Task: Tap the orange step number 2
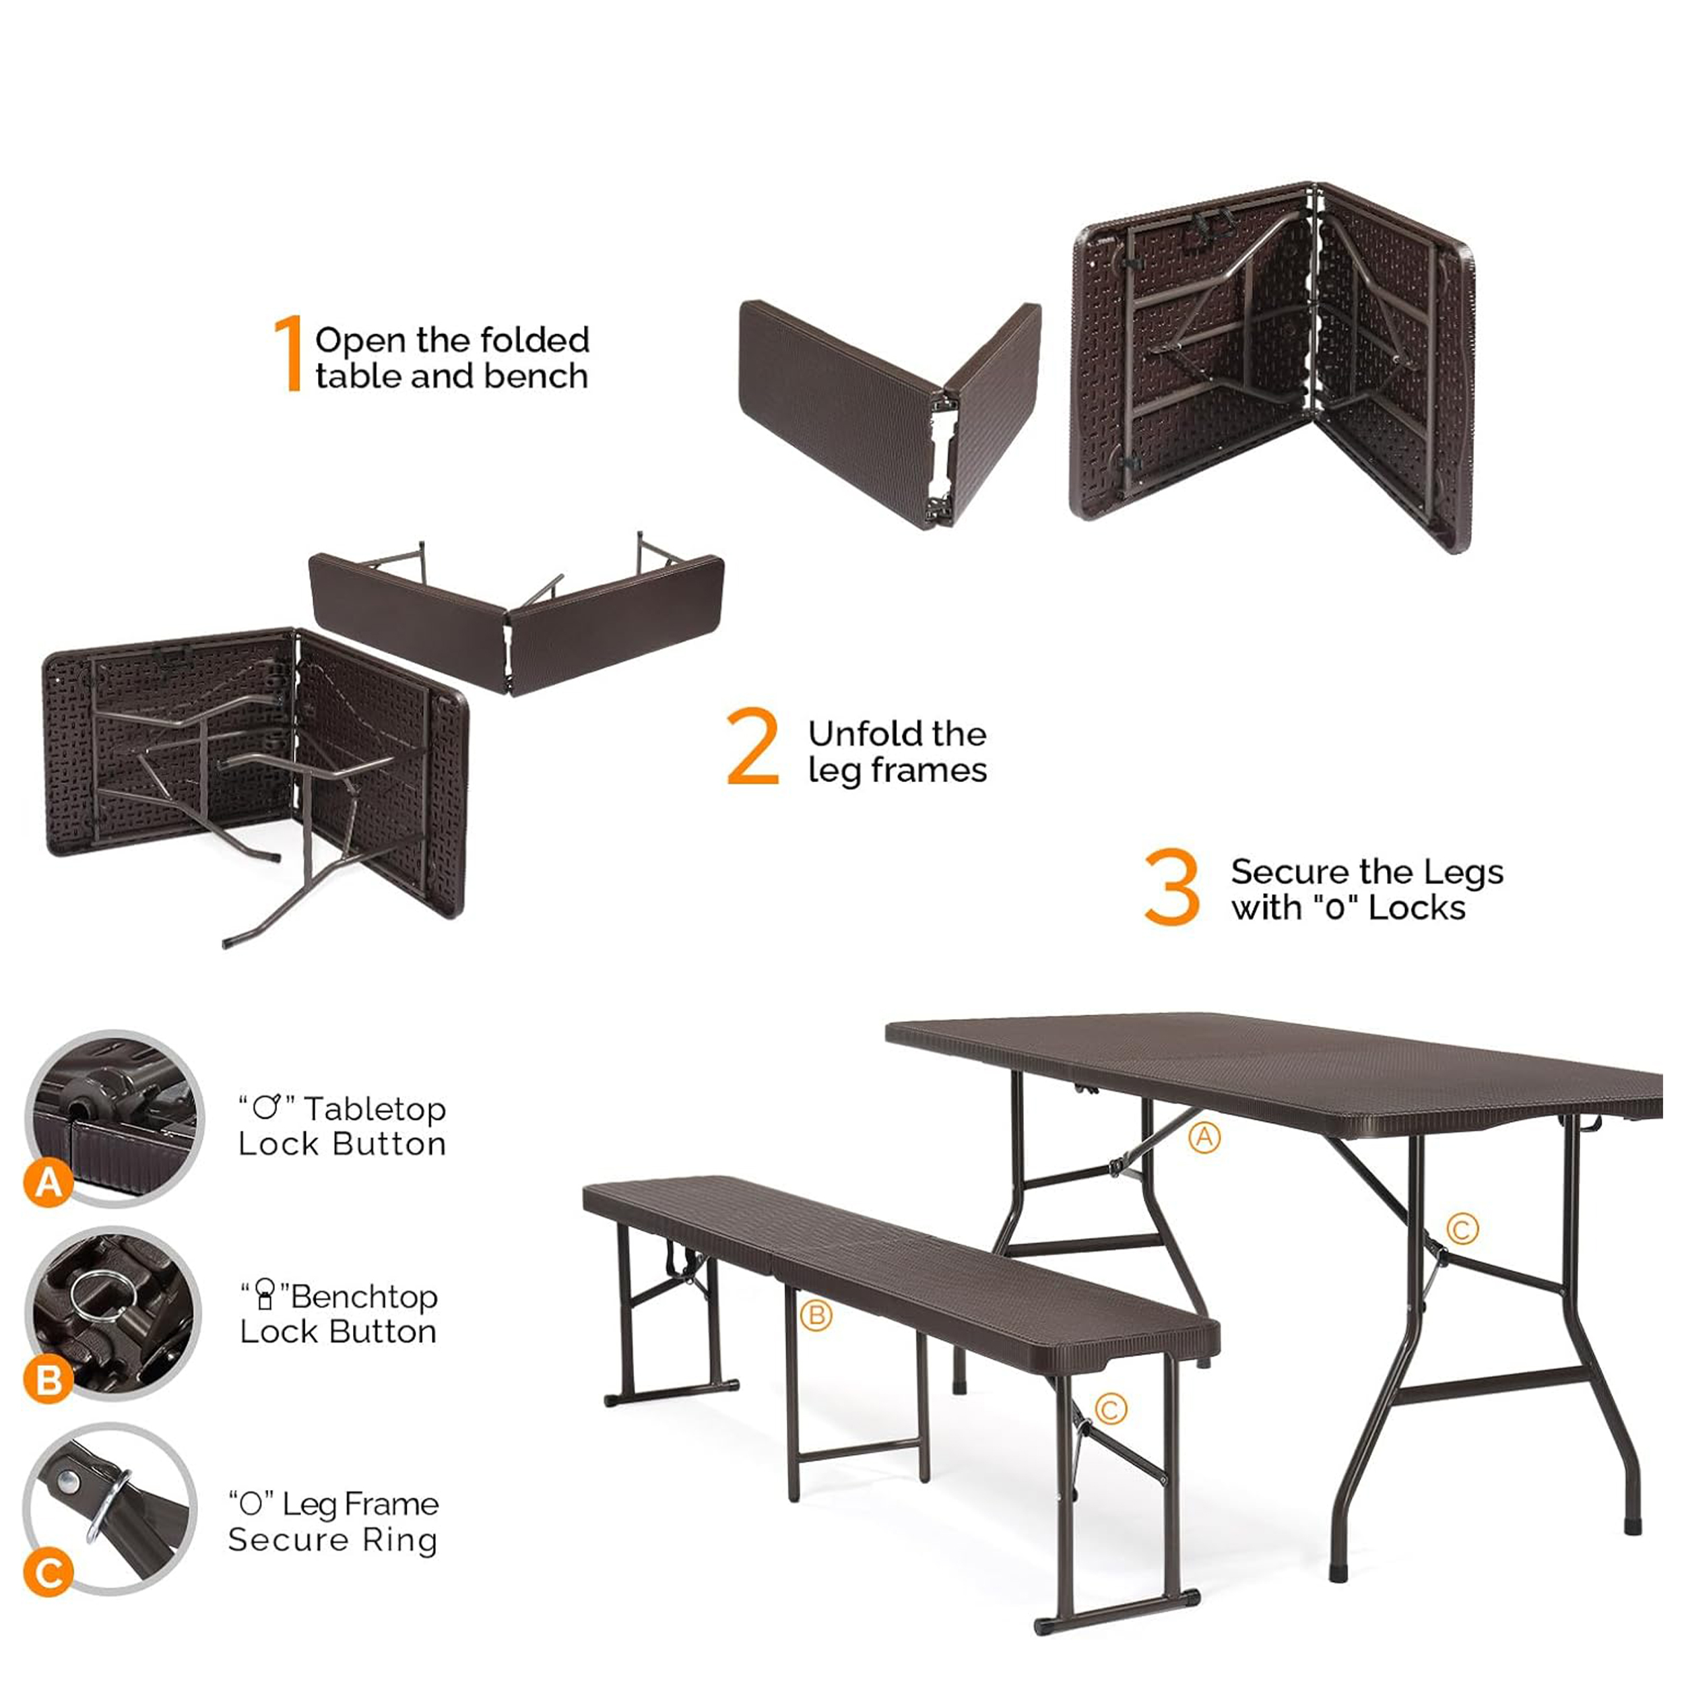(753, 746)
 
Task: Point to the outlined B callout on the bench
(816, 1316)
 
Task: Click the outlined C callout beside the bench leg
(1111, 1409)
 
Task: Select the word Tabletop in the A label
(375, 1109)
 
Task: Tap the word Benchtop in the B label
(364, 1297)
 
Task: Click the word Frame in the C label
(391, 1504)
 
